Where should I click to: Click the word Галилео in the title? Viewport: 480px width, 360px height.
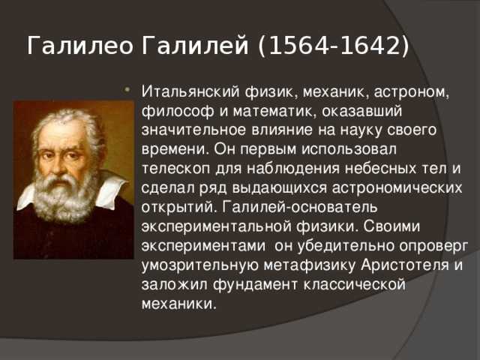pyautogui.click(x=80, y=46)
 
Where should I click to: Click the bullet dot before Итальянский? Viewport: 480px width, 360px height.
pyautogui.click(x=127, y=90)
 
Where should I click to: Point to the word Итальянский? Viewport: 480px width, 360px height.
pyautogui.click(x=190, y=91)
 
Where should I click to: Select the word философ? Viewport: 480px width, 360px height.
pyautogui.click(x=177, y=112)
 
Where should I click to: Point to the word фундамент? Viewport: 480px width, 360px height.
pyautogui.click(x=255, y=285)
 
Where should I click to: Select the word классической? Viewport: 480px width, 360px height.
pyautogui.click(x=355, y=285)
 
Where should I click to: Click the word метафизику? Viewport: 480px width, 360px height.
pyautogui.click(x=309, y=265)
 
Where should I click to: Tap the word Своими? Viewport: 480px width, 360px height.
pyautogui.click(x=391, y=226)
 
